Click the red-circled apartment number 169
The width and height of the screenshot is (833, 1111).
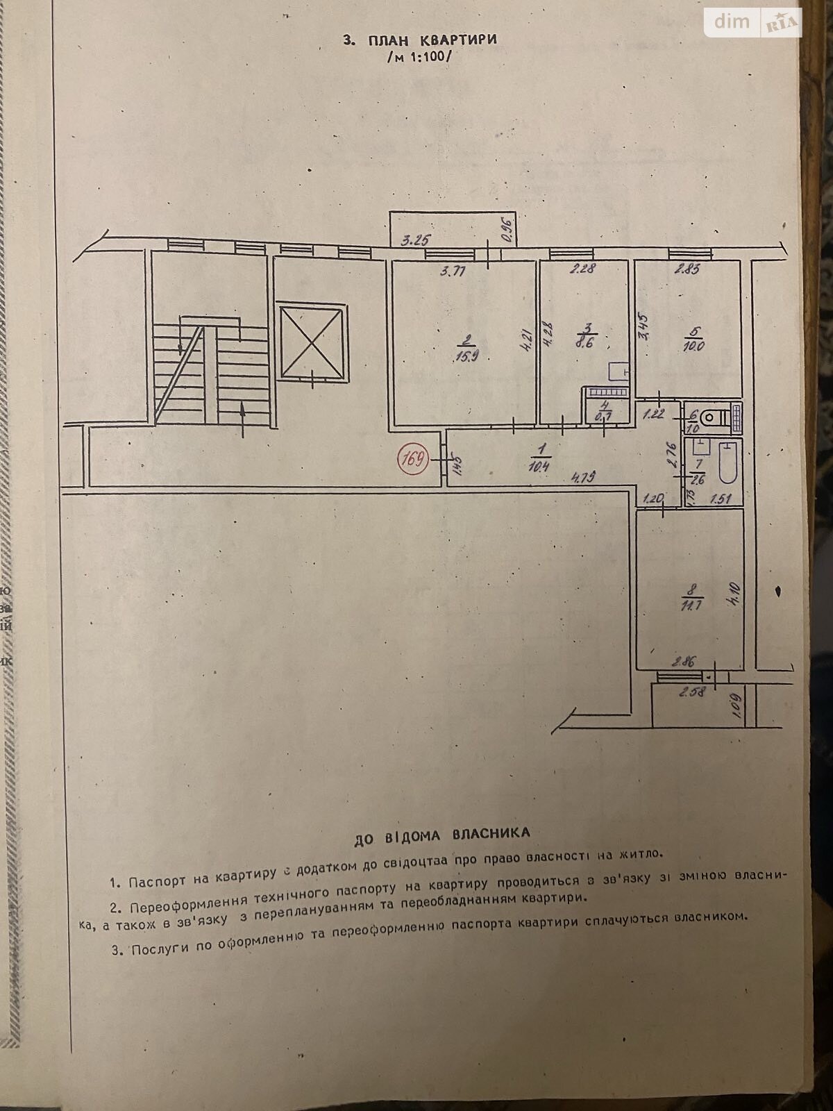click(x=412, y=459)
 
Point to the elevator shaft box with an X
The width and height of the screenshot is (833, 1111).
click(x=311, y=341)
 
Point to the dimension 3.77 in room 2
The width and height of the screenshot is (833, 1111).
click(x=453, y=272)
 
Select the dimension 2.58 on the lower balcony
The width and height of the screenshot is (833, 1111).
click(x=692, y=691)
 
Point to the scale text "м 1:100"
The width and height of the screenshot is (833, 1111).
click(x=419, y=57)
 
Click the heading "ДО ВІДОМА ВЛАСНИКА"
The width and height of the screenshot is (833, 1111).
click(x=441, y=835)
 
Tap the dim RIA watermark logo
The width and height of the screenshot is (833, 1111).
click(x=753, y=22)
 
